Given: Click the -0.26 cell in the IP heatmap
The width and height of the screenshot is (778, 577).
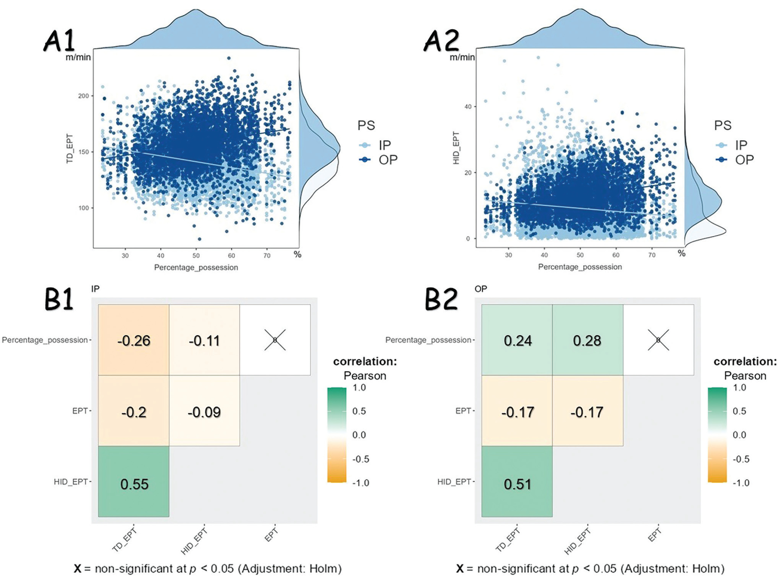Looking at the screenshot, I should [x=134, y=340].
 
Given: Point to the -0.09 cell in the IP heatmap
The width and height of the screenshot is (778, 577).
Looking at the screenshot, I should [x=204, y=412].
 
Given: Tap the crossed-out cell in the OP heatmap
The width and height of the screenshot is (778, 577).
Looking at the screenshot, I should [x=658, y=340].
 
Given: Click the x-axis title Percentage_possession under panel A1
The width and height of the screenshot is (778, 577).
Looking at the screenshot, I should [x=196, y=268].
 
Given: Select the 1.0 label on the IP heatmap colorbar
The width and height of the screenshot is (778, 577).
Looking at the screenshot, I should [x=359, y=387].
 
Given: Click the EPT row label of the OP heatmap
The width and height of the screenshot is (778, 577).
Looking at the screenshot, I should [x=463, y=411].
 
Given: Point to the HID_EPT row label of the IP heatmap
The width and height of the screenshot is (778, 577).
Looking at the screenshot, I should [x=71, y=482].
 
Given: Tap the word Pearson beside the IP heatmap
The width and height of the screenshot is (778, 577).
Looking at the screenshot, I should [x=365, y=376].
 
